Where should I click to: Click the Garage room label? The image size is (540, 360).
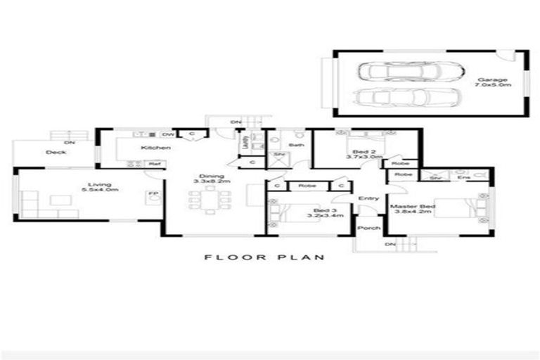pos(493,80)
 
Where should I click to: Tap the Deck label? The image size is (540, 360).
pos(56,152)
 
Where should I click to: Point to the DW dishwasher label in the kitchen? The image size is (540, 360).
pos(167,134)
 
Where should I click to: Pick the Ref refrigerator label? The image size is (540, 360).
pos(152,164)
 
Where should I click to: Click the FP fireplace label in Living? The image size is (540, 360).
pos(151,194)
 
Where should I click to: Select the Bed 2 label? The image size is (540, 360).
pos(358,151)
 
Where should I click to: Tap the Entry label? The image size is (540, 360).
pos(368,199)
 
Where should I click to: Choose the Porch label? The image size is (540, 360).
pos(368,228)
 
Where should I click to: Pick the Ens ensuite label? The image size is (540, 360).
pos(464,178)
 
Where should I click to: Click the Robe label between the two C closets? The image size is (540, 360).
pos(306,186)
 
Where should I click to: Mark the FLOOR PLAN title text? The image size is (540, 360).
pos(264,257)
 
